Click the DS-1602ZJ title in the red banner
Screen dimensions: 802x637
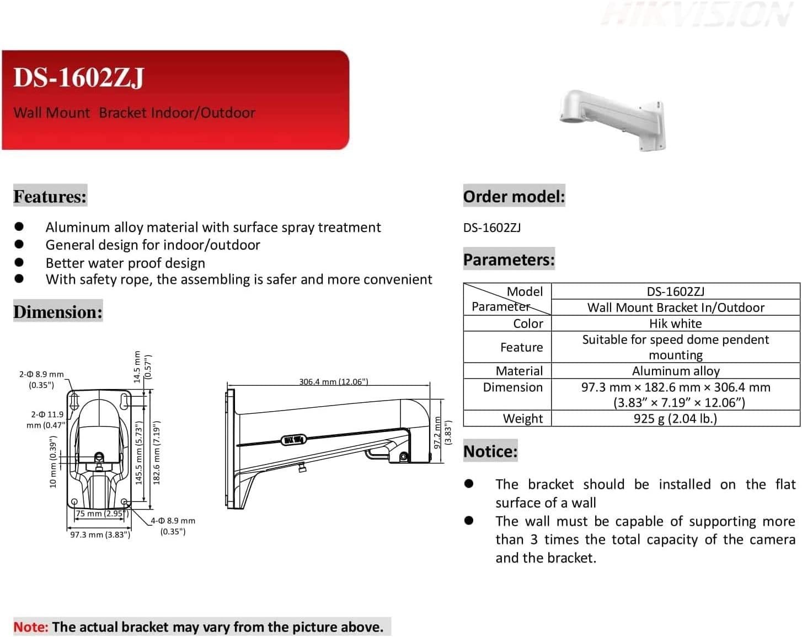78,77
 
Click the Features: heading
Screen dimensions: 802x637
50,196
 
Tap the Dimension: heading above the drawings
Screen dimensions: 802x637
58,312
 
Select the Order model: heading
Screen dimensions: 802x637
514,196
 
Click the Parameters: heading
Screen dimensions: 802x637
509,260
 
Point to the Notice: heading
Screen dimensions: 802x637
490,451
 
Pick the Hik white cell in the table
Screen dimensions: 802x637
675,323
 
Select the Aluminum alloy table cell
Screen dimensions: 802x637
675,371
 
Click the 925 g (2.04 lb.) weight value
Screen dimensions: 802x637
675,418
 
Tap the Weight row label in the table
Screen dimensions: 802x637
522,419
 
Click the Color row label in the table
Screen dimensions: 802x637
528,323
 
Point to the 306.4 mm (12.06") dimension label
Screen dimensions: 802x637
333,381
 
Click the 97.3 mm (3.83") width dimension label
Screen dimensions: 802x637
100,535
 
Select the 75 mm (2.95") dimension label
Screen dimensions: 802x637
102,514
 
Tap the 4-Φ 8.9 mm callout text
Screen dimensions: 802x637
173,521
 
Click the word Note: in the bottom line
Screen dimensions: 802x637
31,627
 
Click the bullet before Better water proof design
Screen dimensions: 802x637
19,262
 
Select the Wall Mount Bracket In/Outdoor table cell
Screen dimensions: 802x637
675,307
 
